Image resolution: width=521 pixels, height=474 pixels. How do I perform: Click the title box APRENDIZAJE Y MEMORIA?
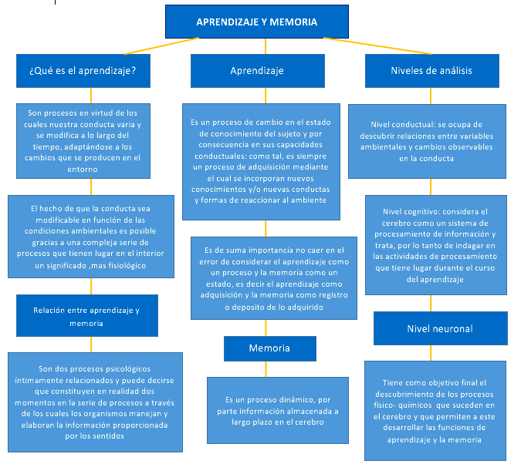point(257,22)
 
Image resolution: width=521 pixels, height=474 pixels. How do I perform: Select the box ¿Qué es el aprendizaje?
point(83,71)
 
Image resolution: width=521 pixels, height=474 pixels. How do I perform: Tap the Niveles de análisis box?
point(432,71)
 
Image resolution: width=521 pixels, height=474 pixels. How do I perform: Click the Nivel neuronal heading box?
point(440,328)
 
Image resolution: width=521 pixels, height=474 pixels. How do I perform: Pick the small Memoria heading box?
point(270,348)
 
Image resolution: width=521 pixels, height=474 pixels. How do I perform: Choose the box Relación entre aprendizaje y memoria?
point(87,315)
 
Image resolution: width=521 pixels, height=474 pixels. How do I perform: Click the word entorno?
point(83,169)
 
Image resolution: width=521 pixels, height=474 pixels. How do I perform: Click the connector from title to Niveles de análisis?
point(377,45)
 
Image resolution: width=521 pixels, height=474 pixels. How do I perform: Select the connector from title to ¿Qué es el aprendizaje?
point(161,45)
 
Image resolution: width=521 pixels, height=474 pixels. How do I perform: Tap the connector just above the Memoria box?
point(266,328)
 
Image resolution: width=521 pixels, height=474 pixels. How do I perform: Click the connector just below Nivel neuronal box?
point(431,353)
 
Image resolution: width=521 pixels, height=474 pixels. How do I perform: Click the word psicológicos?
point(128,369)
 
